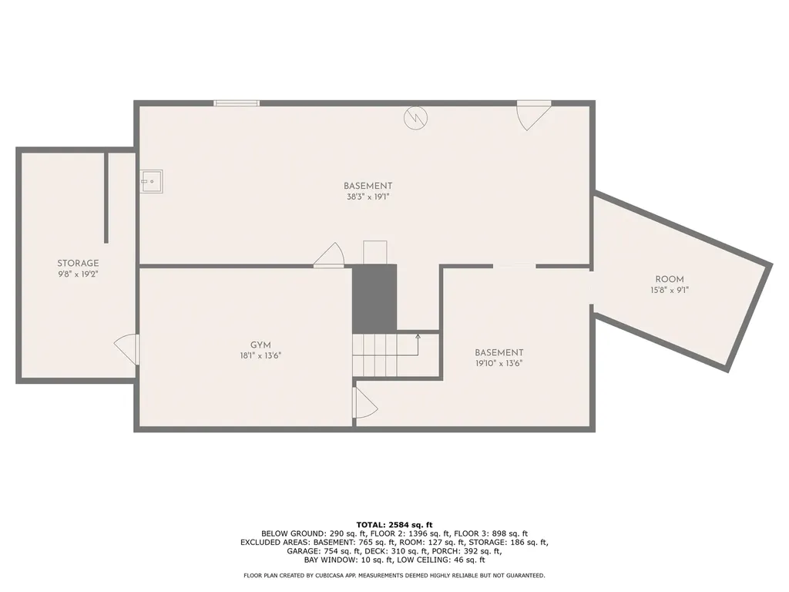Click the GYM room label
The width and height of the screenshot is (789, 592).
click(260, 345)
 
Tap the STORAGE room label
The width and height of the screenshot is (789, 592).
click(78, 263)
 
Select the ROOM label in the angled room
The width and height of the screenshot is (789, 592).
click(670, 279)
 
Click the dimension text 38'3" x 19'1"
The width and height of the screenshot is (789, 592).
click(368, 197)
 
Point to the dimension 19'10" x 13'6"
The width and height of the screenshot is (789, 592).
click(499, 363)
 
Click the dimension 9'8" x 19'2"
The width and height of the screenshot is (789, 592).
click(78, 274)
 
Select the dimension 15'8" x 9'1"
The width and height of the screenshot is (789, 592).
click(670, 290)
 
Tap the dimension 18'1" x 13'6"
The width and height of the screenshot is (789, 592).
click(260, 356)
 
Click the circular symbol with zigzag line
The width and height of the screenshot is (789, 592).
click(415, 118)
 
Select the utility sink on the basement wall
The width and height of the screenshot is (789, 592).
click(151, 181)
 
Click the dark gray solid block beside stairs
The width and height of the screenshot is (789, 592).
click(374, 298)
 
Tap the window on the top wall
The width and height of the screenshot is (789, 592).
click(237, 103)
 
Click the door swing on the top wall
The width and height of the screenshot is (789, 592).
click(533, 115)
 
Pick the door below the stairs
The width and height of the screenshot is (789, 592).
click(364, 402)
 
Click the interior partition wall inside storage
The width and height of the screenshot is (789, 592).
click(106, 197)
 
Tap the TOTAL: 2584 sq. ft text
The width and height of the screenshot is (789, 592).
click(394, 524)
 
